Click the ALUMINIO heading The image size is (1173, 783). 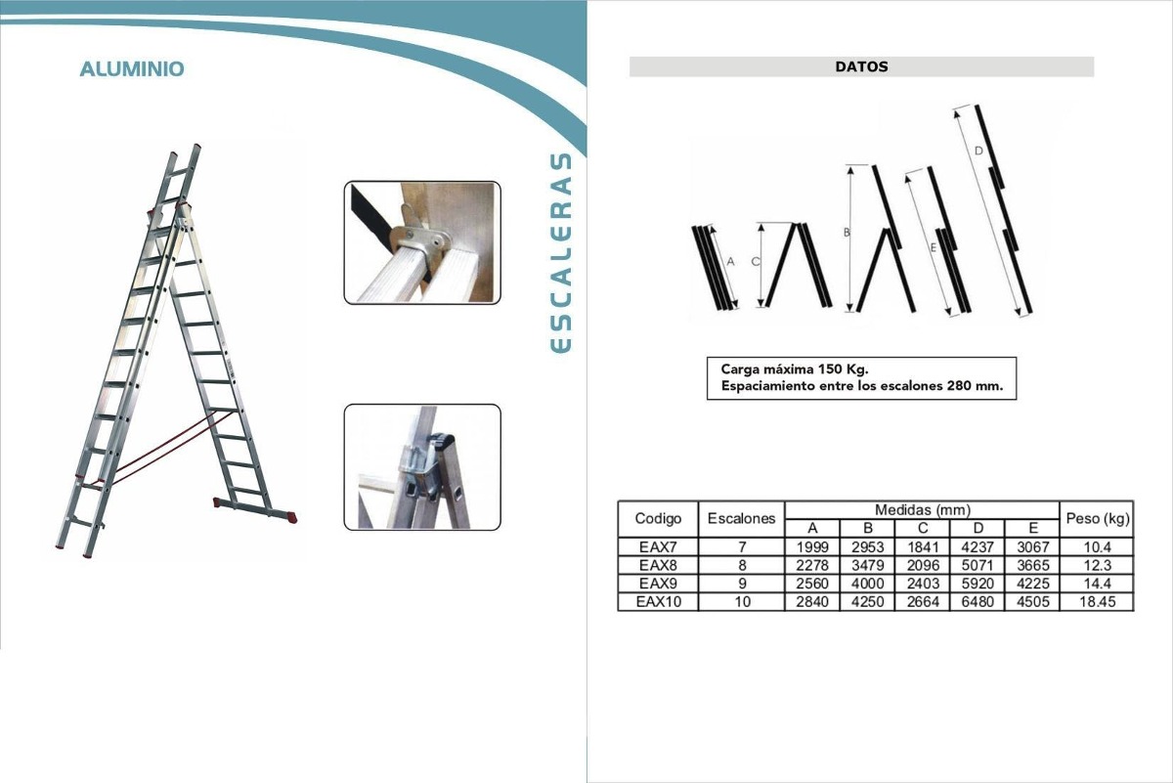coord(132,69)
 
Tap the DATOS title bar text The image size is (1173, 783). coord(861,67)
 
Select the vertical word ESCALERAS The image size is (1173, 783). coord(561,252)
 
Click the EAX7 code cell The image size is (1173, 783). coord(658,547)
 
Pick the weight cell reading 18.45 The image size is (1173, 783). coord(1097,602)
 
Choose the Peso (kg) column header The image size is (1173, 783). coord(1098,518)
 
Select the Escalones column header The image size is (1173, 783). coord(741,518)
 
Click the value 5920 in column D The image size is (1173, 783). coord(977,584)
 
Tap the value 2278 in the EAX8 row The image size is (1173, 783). coord(812,566)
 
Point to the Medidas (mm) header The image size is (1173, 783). coord(923,509)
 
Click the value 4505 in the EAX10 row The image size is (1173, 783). coord(1032,602)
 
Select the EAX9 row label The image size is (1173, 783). coord(658,584)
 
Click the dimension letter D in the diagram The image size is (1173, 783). coord(978,151)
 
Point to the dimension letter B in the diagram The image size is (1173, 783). coord(847,232)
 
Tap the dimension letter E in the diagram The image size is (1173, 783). coord(934,248)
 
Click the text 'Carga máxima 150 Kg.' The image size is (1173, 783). coord(795,370)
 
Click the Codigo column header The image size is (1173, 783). coord(658,518)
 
